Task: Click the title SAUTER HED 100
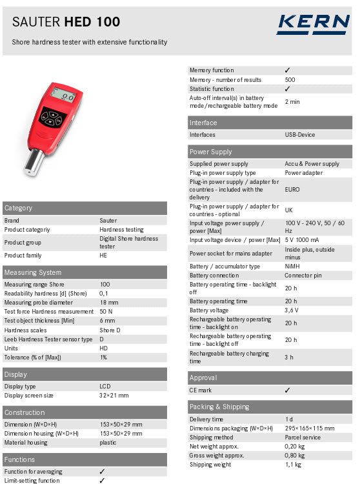click(x=66, y=22)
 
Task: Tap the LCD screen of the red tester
click(x=65, y=96)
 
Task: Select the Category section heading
click(x=18, y=208)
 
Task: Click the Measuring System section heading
click(x=33, y=272)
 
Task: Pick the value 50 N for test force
click(x=106, y=311)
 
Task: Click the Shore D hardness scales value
click(x=110, y=330)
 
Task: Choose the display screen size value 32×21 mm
click(x=114, y=395)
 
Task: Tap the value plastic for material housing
click(x=108, y=442)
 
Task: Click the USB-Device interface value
click(x=300, y=135)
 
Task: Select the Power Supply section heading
click(x=210, y=152)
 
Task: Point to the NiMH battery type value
click(x=294, y=266)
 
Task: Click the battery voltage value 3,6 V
click(x=292, y=310)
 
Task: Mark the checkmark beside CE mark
click(x=287, y=390)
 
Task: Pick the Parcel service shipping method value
click(x=303, y=437)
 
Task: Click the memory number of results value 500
click(x=290, y=79)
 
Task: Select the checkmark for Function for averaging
click(x=102, y=472)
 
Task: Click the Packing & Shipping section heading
click(x=219, y=407)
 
